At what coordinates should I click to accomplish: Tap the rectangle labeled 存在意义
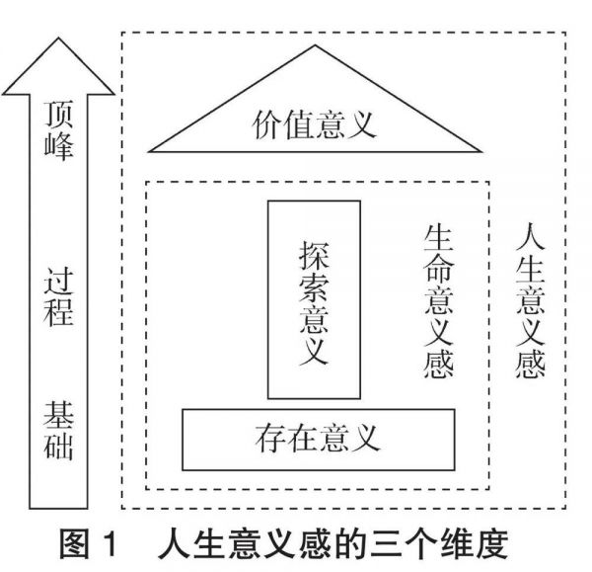tap(319, 437)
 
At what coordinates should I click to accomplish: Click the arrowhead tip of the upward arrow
tap(60, 39)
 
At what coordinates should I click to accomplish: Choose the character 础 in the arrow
tap(60, 449)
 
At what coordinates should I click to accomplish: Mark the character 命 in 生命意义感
tap(439, 268)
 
